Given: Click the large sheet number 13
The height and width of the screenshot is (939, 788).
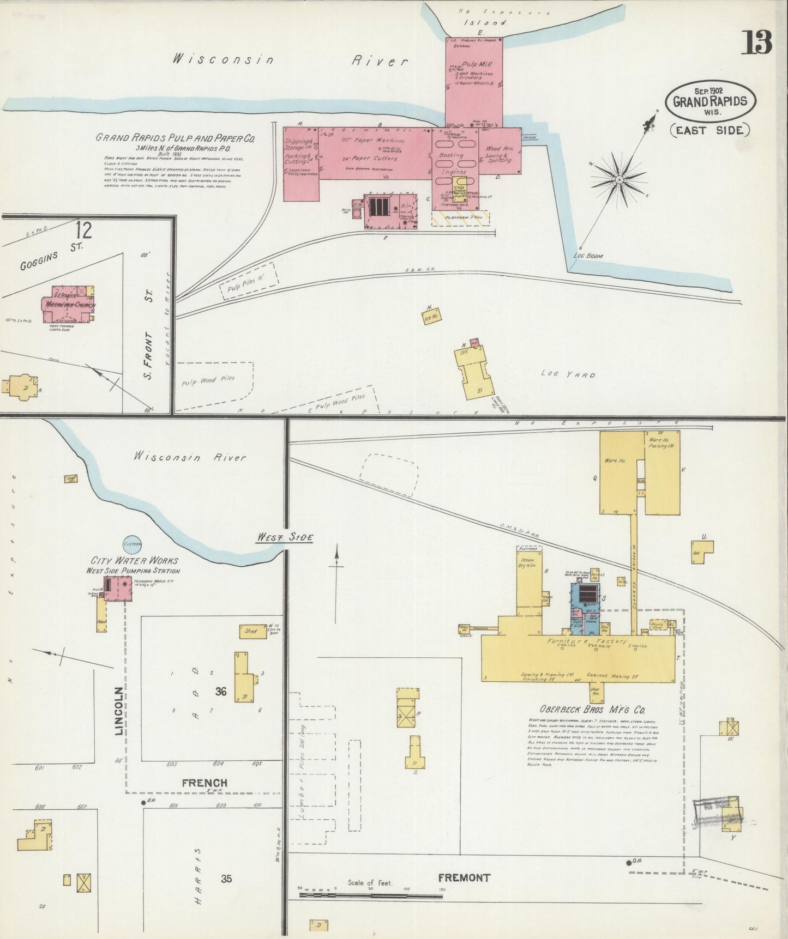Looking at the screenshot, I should point(756,43).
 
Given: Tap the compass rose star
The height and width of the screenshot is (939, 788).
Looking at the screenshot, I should point(620,178).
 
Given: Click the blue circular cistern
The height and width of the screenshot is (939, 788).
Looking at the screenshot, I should point(132,543).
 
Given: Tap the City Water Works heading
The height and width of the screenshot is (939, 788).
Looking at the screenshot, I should point(134,560).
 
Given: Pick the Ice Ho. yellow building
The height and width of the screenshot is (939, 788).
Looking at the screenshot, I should point(432,315).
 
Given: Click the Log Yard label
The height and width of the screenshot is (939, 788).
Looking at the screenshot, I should point(568,374).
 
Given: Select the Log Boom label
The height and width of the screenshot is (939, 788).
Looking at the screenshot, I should point(588,255).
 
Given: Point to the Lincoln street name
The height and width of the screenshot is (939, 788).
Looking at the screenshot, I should point(119,711).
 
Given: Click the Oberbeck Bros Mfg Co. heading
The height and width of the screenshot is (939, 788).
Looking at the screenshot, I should point(592,710).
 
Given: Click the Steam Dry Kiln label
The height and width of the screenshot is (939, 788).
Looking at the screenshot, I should point(527,563).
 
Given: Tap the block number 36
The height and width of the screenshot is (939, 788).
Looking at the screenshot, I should point(220,692).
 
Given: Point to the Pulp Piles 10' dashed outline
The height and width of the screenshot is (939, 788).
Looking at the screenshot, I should point(249,281).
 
